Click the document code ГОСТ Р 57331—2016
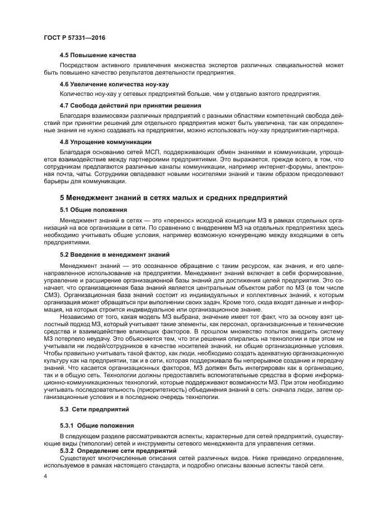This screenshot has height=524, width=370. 74,37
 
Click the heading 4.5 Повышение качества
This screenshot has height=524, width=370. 98,55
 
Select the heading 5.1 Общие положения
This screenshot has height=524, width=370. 93,210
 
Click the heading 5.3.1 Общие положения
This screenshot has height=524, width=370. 97,426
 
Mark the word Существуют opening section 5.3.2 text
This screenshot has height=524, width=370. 77,458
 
